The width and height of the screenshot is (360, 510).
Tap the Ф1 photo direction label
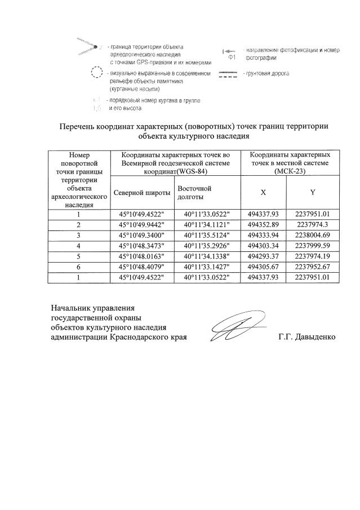point(231,57)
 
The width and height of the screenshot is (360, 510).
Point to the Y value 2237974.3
point(312,224)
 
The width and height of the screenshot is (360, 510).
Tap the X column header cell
point(263,192)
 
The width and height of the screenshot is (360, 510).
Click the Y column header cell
point(312,192)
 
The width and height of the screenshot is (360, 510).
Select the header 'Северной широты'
point(141,192)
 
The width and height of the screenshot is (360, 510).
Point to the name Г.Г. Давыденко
point(306,337)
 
